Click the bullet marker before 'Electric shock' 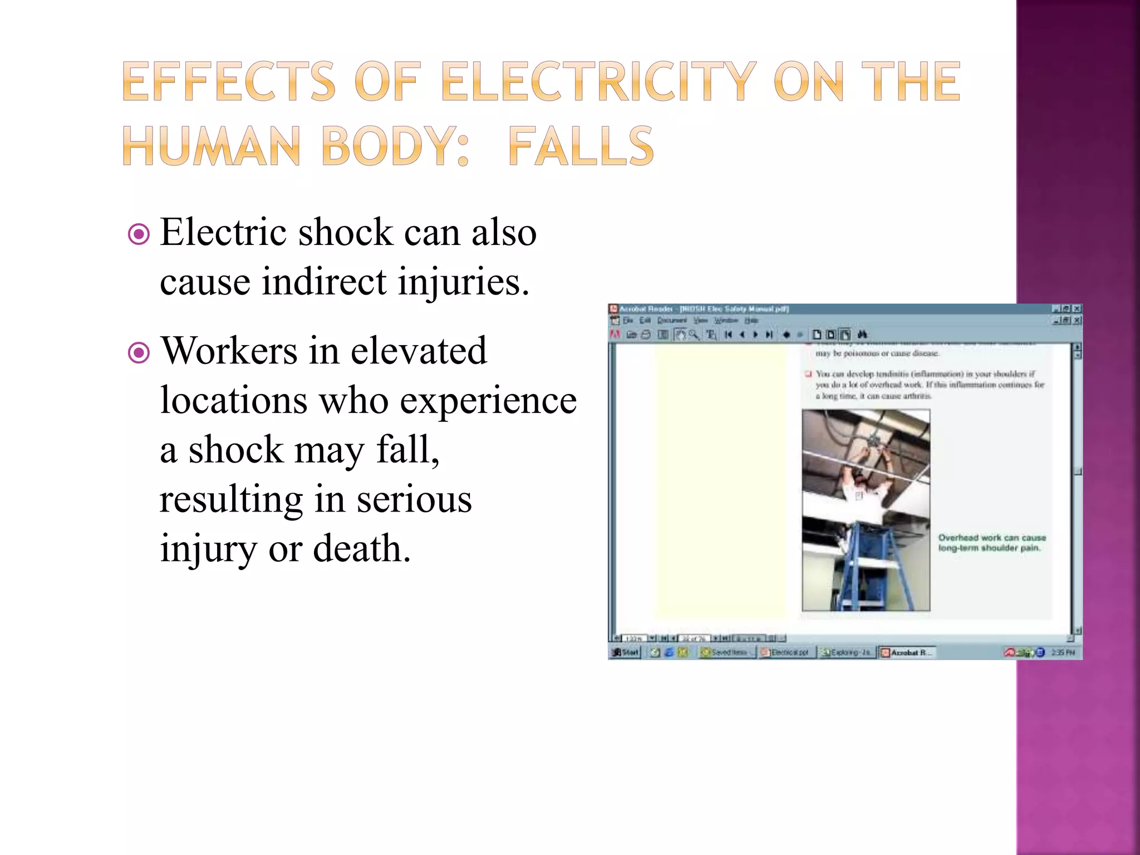pos(139,234)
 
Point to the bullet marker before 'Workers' pos(139,353)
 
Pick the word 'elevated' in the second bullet pos(419,351)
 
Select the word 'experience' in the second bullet pos(488,400)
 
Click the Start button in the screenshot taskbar pos(626,652)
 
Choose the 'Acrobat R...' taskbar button pos(907,652)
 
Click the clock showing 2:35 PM pos(1063,652)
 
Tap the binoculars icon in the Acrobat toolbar pos(862,335)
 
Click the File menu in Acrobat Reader pos(628,321)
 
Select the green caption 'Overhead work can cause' pos(992,538)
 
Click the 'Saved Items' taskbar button pos(726,652)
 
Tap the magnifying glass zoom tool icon pos(693,335)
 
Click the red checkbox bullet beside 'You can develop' pos(808,374)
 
